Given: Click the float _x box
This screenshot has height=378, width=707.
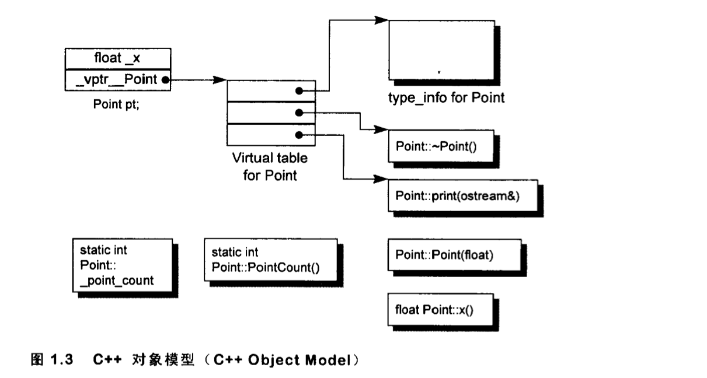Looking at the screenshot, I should pyautogui.click(x=117, y=58).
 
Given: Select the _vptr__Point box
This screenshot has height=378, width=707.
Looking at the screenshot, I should pyautogui.click(x=117, y=79).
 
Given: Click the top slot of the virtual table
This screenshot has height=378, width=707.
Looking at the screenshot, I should pyautogui.click(x=271, y=90).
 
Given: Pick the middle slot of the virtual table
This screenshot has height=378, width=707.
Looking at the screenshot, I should pyautogui.click(x=271, y=112).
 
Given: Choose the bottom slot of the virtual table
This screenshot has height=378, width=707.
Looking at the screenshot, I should pyautogui.click(x=271, y=134).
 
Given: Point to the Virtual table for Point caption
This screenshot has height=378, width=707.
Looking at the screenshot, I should pyautogui.click(x=270, y=166).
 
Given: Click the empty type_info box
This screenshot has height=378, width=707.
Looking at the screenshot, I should pyautogui.click(x=441, y=50).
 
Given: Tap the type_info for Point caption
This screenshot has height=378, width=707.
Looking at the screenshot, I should pyautogui.click(x=447, y=97).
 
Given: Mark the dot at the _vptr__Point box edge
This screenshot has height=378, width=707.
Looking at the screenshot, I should pyautogui.click(x=166, y=80).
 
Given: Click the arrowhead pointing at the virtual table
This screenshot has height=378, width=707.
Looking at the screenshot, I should pyautogui.click(x=220, y=80).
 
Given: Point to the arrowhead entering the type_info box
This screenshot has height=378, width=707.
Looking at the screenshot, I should pyautogui.click(x=381, y=19).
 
